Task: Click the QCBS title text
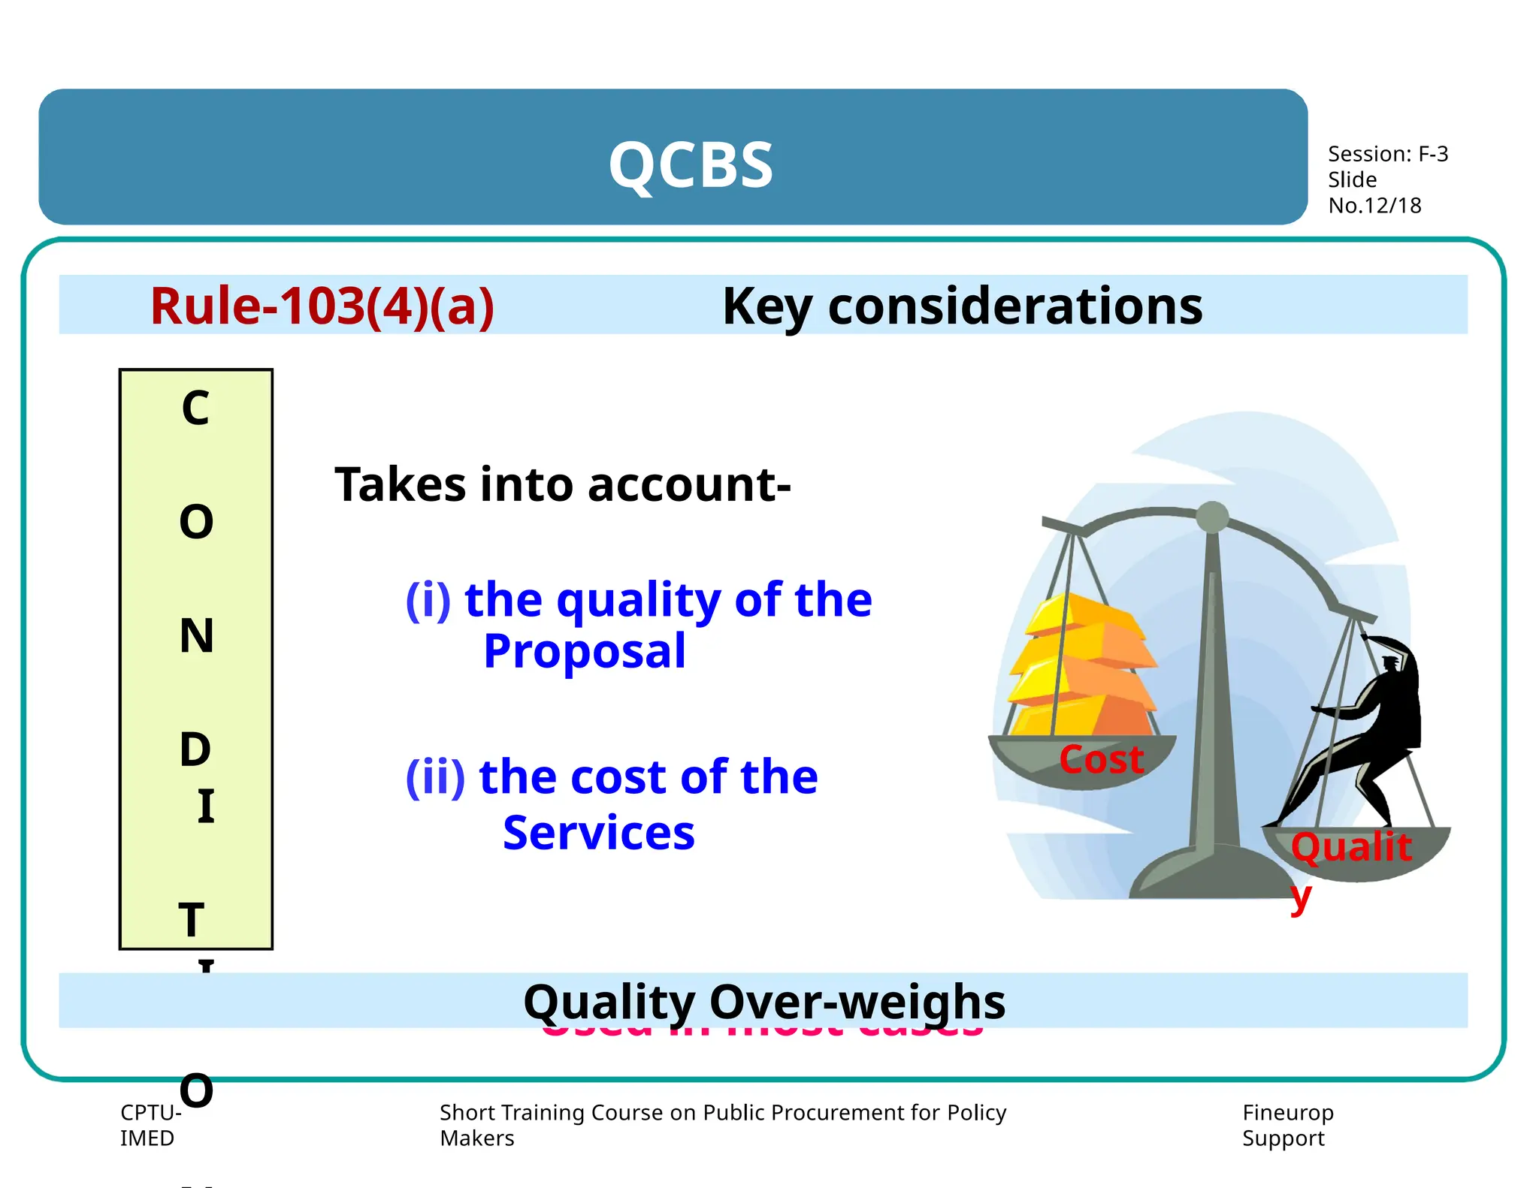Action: [x=690, y=165]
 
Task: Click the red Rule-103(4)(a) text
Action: [x=322, y=306]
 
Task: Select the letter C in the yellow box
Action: [x=195, y=409]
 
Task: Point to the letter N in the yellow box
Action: [x=196, y=636]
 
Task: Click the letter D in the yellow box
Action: [x=195, y=749]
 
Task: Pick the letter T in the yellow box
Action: [x=192, y=920]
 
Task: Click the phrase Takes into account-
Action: [x=562, y=484]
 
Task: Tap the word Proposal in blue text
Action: [x=584, y=650]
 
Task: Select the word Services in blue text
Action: [x=598, y=833]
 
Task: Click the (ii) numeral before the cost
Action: [x=435, y=776]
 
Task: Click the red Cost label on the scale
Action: [x=1101, y=759]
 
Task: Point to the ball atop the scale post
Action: [x=1211, y=517]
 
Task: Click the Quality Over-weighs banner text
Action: [x=763, y=1001]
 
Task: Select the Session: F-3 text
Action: [x=1387, y=154]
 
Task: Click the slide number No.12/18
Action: [x=1374, y=206]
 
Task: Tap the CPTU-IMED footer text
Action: [x=150, y=1125]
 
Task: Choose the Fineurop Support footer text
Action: [x=1287, y=1125]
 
